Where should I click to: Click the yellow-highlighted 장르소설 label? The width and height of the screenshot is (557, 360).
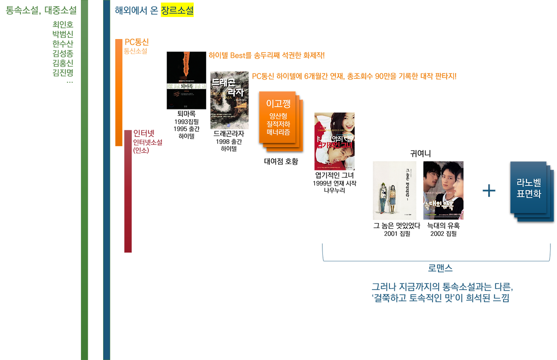(177, 10)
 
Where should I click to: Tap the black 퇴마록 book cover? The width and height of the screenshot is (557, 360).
(186, 80)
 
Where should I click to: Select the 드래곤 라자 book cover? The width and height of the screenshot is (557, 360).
(229, 100)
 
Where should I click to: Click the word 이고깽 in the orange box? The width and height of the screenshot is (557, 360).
(278, 103)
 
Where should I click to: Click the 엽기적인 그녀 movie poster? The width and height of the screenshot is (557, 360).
(334, 141)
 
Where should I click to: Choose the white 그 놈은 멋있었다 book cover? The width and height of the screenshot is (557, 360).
(394, 190)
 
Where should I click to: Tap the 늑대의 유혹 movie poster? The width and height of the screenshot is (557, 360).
(443, 190)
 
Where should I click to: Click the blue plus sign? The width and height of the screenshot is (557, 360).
(489, 190)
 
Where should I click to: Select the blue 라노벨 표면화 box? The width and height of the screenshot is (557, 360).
(529, 188)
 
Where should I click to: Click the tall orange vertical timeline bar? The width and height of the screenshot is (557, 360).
(118, 92)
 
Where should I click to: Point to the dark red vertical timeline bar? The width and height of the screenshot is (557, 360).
(128, 191)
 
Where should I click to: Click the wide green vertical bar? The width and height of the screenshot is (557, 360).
(84, 180)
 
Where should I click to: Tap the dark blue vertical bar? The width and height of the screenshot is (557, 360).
(107, 180)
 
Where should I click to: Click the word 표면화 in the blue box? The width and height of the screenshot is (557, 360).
(529, 194)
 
